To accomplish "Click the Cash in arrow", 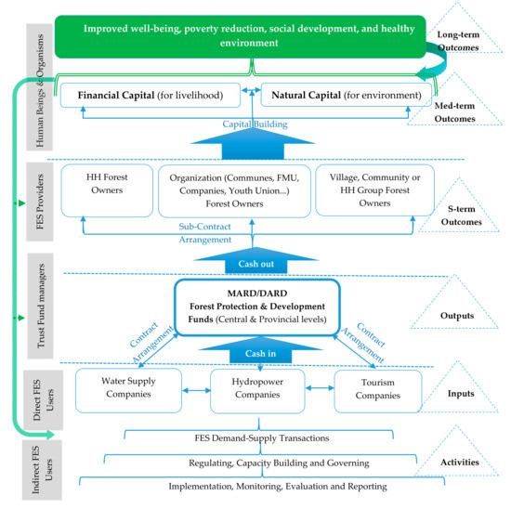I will [251, 354].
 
